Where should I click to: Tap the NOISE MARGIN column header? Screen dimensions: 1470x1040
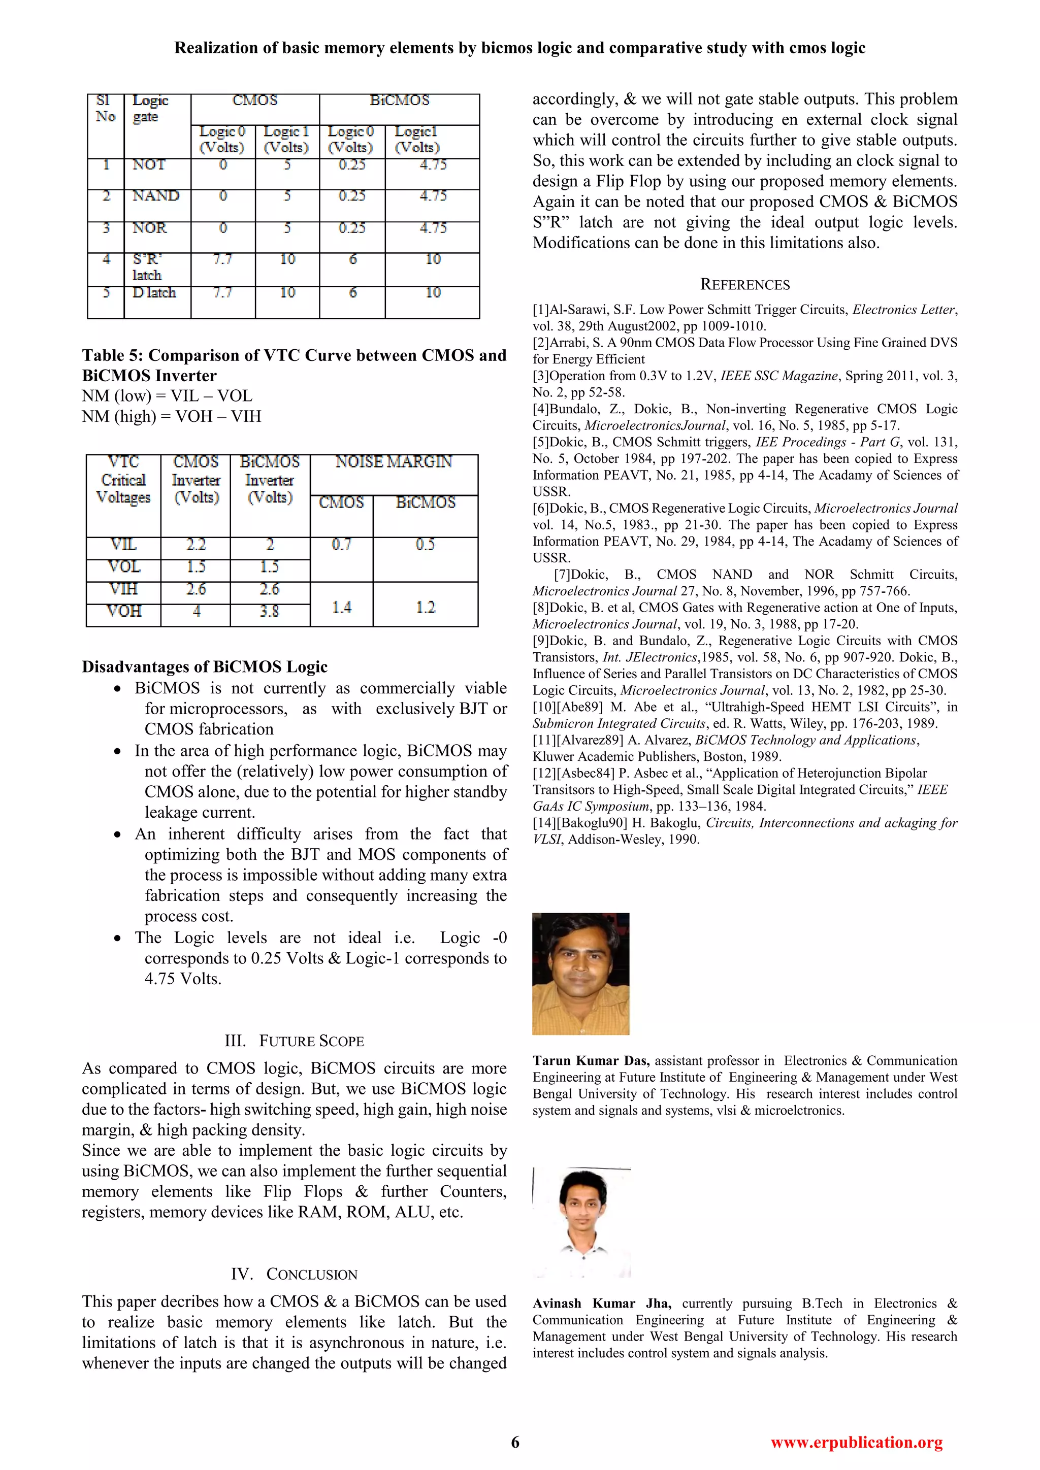point(394,461)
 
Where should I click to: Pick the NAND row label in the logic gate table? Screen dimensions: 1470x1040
point(155,196)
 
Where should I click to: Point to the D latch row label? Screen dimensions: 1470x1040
point(154,292)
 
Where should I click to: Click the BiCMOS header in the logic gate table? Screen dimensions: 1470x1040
point(400,101)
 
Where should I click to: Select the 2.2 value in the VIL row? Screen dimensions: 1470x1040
point(196,544)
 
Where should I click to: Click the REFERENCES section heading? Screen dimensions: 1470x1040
point(745,285)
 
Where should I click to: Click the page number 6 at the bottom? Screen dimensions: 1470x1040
point(515,1442)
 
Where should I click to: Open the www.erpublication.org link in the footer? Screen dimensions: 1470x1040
point(856,1442)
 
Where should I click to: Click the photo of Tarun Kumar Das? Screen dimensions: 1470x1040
point(580,973)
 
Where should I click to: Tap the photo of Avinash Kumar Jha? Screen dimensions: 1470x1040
point(581,1222)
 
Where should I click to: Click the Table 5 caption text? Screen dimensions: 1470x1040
point(294,365)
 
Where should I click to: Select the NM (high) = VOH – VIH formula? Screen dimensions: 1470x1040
point(172,416)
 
